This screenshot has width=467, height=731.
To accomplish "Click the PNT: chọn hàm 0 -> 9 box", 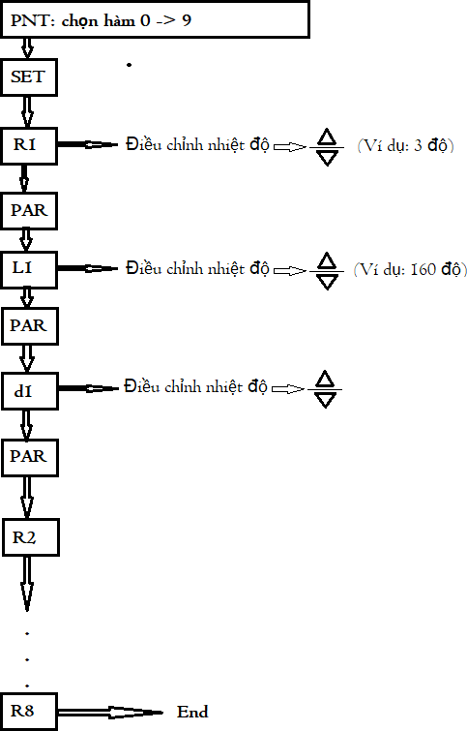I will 155,19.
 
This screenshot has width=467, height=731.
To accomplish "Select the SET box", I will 28,77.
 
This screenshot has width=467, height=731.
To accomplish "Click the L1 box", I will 28,268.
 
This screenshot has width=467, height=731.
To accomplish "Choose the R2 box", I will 28,536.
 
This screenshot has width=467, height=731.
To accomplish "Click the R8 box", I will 28,713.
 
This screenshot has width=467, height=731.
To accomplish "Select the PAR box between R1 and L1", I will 28,209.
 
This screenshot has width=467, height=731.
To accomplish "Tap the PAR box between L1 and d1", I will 28,326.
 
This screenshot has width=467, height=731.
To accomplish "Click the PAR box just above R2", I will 28,455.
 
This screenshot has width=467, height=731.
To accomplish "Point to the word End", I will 192,713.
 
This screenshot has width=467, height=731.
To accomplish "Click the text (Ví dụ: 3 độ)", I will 405,146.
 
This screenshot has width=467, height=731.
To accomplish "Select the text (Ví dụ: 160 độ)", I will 410,268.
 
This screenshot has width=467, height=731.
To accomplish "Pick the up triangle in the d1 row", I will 326,379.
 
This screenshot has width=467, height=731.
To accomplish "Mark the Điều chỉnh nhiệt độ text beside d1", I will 195,386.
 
